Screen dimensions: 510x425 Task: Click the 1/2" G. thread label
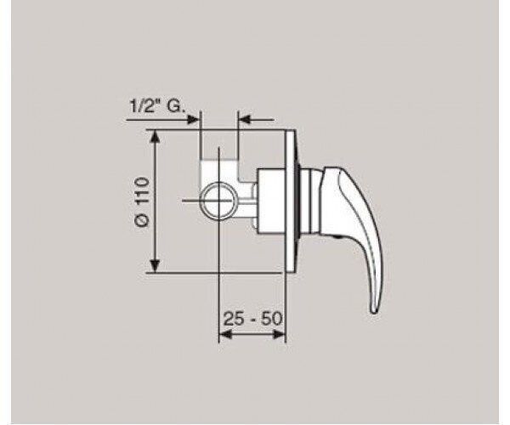(x=157, y=105)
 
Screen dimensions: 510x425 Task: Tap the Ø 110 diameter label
(x=144, y=202)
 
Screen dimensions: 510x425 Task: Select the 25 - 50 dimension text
(x=252, y=319)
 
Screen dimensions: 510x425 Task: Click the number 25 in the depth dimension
(x=233, y=319)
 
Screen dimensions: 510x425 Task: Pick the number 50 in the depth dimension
(x=272, y=319)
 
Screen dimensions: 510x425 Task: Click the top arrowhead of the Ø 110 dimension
(x=156, y=137)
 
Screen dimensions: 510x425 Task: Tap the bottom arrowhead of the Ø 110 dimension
(x=156, y=266)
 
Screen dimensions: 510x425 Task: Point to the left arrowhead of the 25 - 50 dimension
(x=226, y=334)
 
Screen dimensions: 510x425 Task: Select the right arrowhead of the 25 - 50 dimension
(x=279, y=334)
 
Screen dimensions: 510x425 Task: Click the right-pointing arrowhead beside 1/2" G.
(x=193, y=120)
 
